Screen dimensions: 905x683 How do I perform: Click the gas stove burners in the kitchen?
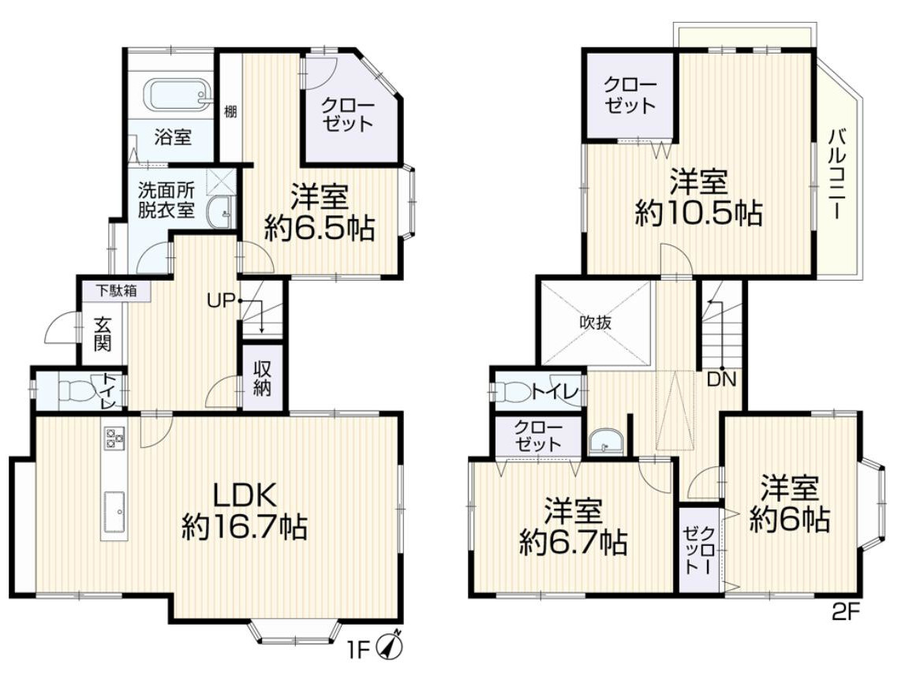coord(113,437)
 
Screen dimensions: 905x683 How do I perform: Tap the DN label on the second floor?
coord(721,379)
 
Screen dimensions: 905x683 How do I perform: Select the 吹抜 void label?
coord(596,323)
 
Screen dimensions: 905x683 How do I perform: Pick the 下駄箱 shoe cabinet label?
coord(116,291)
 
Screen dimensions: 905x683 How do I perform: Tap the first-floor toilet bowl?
coord(77,392)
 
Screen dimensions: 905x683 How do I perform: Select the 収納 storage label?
coord(262,379)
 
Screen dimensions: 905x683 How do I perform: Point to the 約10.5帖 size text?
coord(698,214)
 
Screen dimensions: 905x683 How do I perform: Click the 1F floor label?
coord(358,651)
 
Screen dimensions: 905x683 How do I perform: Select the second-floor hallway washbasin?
coord(605,442)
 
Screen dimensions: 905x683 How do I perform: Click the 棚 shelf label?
coord(230,111)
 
